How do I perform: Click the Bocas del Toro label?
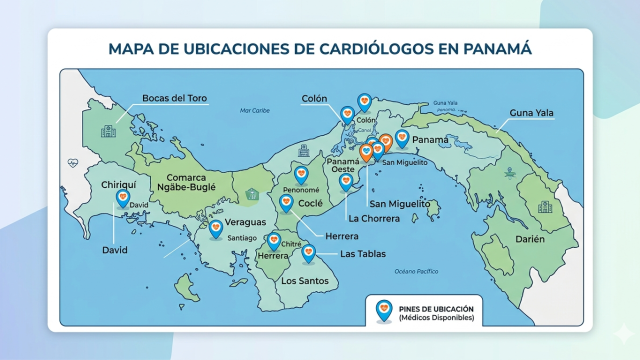174,97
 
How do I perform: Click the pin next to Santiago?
215,229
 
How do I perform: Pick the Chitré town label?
291,244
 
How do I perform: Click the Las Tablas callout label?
364,254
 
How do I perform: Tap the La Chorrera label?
374,217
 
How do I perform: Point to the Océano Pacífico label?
416,271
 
